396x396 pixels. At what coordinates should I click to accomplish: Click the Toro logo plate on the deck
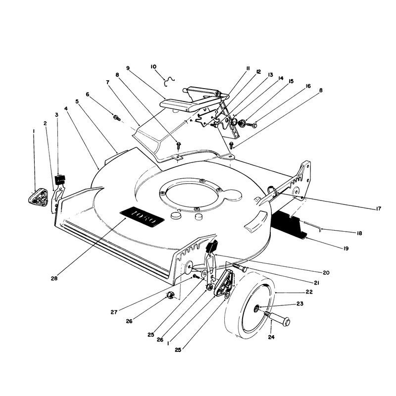point(142,217)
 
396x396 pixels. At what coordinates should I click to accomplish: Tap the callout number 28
point(54,278)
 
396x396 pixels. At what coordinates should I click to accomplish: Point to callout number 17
point(378,208)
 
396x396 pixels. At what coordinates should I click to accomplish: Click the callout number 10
point(153,67)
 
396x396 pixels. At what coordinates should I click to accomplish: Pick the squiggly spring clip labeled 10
point(169,82)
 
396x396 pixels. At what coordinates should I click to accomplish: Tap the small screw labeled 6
point(117,117)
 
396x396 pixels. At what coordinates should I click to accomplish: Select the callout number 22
point(309,292)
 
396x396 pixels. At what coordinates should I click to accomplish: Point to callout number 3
point(56,115)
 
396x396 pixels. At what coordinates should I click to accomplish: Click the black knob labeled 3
point(60,179)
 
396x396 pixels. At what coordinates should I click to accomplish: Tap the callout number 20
point(326,273)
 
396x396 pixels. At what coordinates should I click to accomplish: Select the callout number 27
point(114,312)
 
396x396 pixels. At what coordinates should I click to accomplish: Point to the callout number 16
point(308,86)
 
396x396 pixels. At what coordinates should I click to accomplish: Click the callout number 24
point(271,337)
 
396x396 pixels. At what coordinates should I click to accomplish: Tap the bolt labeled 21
point(239,267)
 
